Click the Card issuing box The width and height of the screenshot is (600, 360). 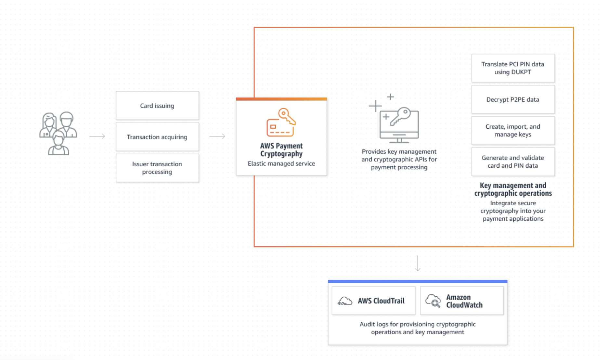(157, 106)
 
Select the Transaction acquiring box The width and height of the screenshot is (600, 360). (157, 137)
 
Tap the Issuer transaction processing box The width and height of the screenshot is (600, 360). (157, 168)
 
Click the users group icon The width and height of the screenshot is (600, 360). (58, 134)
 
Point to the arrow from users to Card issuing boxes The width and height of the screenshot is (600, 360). (97, 136)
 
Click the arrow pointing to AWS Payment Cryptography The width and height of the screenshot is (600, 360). (217, 136)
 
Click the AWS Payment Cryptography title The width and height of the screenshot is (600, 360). (281, 150)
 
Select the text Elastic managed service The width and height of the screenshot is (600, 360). (281, 163)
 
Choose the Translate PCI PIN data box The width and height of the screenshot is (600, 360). (513, 68)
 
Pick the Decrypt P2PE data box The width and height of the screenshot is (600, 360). (513, 99)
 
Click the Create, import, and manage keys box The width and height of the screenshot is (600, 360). (513, 130)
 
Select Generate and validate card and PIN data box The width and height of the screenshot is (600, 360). (513, 161)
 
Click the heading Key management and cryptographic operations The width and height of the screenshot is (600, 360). (513, 189)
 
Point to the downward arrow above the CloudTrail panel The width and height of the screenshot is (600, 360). (418, 263)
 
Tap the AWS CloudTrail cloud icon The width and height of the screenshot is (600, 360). (345, 301)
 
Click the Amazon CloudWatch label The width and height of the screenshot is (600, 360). (464, 301)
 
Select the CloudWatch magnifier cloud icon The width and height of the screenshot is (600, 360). (433, 301)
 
